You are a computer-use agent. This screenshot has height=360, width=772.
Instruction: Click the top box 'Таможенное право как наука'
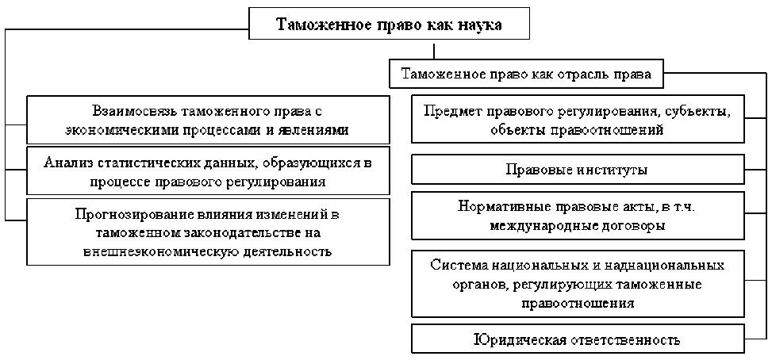[x=388, y=25]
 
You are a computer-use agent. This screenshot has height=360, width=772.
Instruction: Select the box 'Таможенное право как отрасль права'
[x=526, y=75]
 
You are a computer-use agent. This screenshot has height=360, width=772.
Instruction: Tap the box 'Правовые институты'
[x=577, y=170]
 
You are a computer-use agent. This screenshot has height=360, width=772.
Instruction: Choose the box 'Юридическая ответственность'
[x=577, y=340]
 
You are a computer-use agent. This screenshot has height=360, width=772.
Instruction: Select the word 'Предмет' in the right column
[x=448, y=111]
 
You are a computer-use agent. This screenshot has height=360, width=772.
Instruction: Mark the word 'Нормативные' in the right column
[x=497, y=205]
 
